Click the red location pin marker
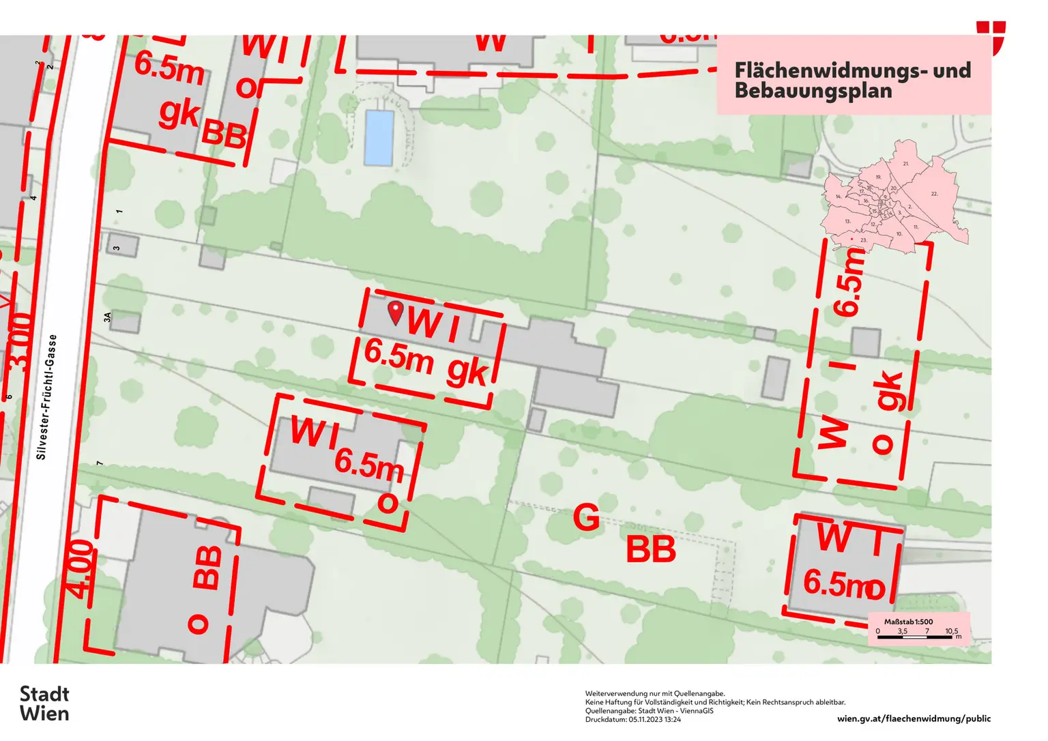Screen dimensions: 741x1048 (395, 312)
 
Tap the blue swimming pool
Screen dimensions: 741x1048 (379, 138)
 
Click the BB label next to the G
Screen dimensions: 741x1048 (650, 549)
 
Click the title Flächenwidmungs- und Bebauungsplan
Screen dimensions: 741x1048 (852, 80)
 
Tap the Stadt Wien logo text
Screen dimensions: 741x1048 (44, 703)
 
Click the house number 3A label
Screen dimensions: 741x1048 (107, 317)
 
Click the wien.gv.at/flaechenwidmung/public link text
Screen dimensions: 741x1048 (914, 718)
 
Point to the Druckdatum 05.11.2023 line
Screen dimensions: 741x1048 (632, 719)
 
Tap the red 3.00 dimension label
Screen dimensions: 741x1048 (22, 341)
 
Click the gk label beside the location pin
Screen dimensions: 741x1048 (467, 372)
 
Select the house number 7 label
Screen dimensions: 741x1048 (100, 463)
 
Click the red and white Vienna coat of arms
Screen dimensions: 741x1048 (991, 38)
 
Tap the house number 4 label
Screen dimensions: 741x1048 (33, 198)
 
